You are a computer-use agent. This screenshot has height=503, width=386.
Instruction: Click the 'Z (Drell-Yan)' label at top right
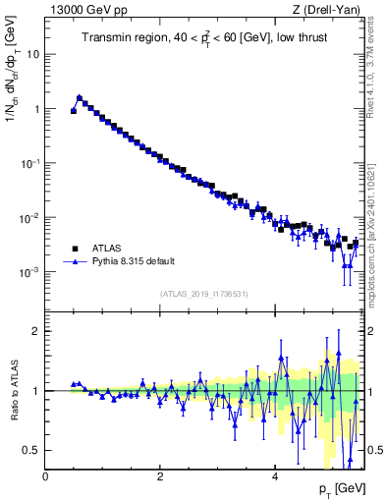click(x=327, y=11)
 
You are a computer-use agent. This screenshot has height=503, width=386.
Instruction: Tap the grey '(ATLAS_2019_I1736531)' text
click(x=204, y=293)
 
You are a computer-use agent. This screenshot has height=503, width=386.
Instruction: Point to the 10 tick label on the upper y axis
click(x=34, y=55)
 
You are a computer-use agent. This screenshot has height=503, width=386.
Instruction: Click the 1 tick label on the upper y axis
click(x=37, y=109)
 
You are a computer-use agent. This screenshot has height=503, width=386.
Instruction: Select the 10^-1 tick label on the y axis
click(x=32, y=163)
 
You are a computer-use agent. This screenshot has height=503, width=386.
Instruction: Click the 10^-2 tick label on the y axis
click(x=32, y=217)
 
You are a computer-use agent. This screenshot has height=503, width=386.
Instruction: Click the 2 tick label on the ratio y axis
click(x=37, y=331)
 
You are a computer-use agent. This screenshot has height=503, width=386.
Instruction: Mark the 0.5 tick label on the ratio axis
click(x=33, y=450)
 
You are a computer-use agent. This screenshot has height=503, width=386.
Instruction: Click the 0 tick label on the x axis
click(x=46, y=475)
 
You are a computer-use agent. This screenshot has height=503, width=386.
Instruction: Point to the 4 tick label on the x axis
click(x=275, y=475)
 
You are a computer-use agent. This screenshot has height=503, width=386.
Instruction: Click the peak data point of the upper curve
click(x=80, y=97)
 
